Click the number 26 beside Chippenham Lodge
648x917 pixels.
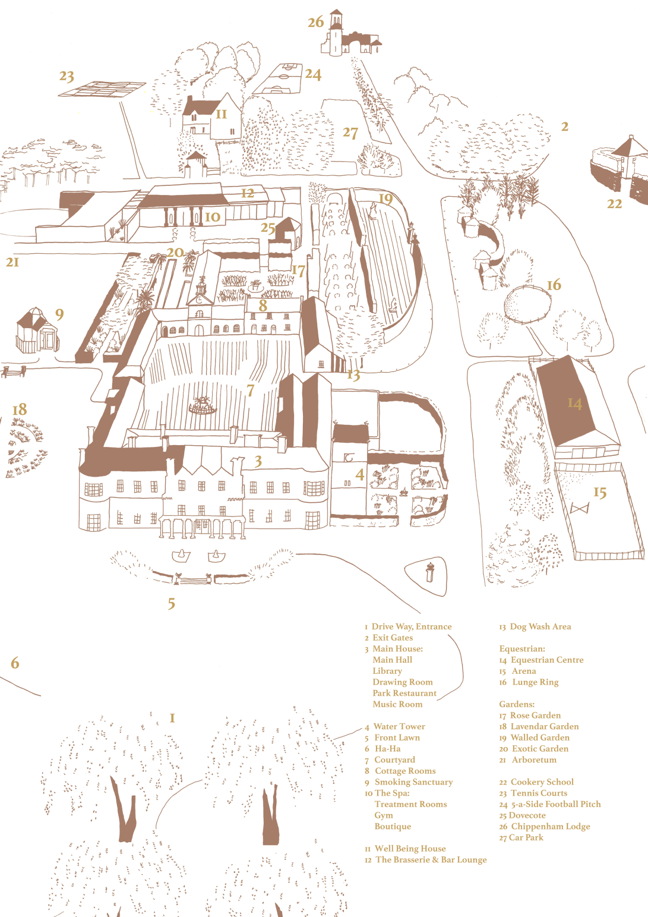pos(315,23)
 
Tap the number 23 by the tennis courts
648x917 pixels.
pos(67,76)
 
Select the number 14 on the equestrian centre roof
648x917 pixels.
pos(574,404)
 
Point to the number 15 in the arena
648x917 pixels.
pos(600,493)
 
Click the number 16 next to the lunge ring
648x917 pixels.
pos(554,285)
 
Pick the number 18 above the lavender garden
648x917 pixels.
pos(20,409)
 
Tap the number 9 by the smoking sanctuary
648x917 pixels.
pos(59,314)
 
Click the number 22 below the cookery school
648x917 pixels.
pos(614,204)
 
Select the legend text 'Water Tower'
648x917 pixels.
pos(399,727)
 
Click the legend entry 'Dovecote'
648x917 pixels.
pos(527,815)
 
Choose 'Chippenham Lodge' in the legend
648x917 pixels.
pos(550,827)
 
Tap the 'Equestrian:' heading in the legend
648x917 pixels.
pos(522,649)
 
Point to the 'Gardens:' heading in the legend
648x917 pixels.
pos(517,704)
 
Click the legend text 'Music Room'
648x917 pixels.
pos(397,704)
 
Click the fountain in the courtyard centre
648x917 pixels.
pos(203,406)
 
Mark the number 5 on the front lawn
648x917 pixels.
pos(171,604)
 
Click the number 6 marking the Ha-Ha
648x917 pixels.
pos(15,663)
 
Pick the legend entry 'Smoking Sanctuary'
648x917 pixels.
pos(413,782)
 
